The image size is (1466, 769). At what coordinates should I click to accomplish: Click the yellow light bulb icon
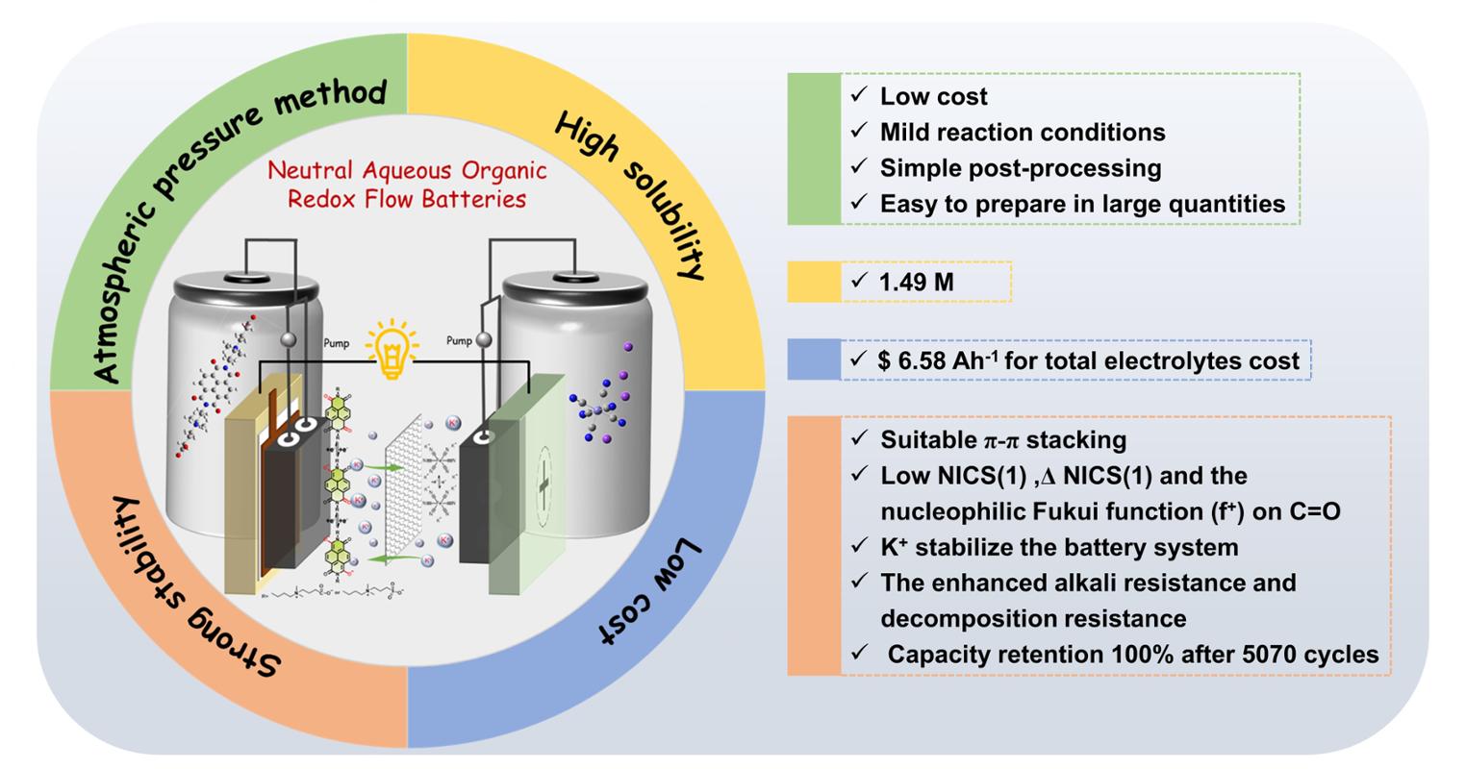pyautogui.click(x=392, y=352)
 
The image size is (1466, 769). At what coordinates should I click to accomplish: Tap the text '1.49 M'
pyautogui.click(x=916, y=282)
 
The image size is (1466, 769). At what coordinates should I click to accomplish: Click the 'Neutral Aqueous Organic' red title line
pyautogui.click(x=407, y=171)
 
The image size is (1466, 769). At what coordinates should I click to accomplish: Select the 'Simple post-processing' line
pyautogui.click(x=1020, y=168)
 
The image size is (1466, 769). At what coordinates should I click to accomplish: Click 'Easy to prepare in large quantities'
pyautogui.click(x=1081, y=204)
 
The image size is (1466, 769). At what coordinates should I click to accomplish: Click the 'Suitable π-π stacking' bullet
pyautogui.click(x=1002, y=440)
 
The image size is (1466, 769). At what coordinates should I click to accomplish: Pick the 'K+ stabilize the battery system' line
pyautogui.click(x=1058, y=547)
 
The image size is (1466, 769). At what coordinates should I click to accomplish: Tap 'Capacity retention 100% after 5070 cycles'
pyautogui.click(x=1132, y=655)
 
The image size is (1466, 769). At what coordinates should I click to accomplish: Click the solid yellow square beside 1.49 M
pyautogui.click(x=814, y=282)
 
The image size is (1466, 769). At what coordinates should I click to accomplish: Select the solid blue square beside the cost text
pyautogui.click(x=814, y=360)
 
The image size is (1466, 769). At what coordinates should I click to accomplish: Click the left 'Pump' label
pyautogui.click(x=336, y=343)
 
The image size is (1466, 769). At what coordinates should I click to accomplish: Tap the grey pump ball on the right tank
pyautogui.click(x=484, y=339)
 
